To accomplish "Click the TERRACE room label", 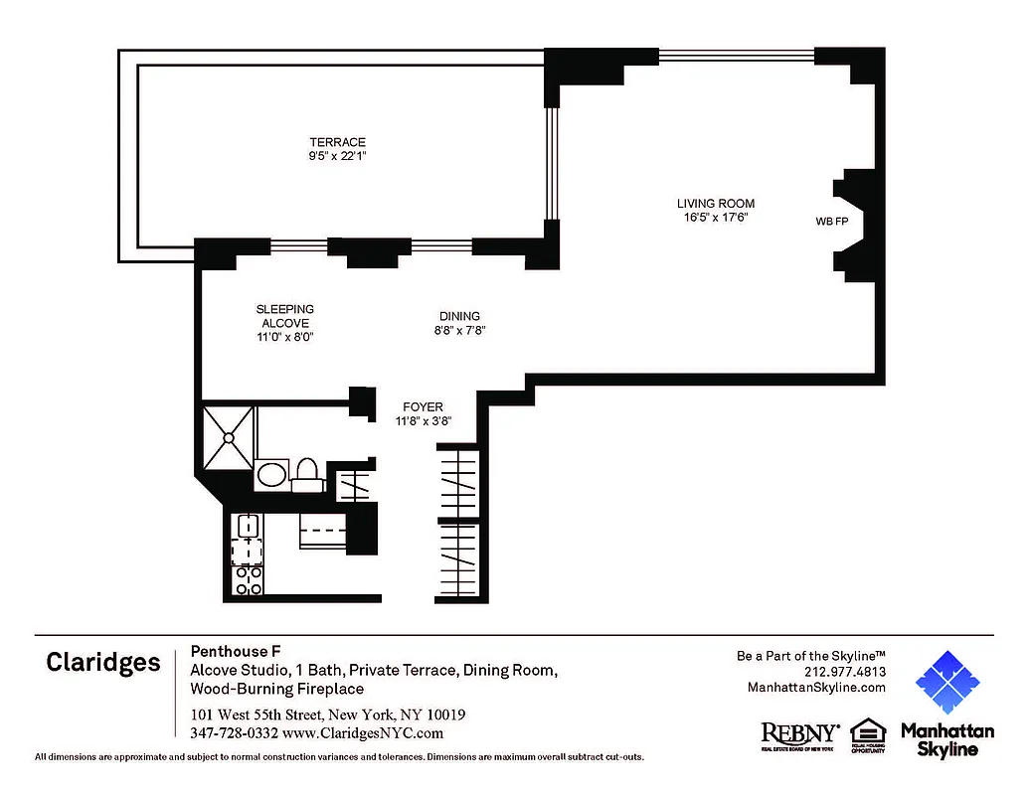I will (x=337, y=142).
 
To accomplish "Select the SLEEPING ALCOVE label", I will (x=285, y=316).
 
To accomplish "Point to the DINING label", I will (x=459, y=316).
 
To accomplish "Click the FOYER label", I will (x=423, y=406).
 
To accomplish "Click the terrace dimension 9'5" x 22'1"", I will (x=337, y=156).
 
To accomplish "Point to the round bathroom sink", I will (x=270, y=474).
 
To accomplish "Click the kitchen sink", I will (x=246, y=527).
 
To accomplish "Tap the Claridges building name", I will (x=102, y=663).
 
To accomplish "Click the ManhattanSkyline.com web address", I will (x=815, y=687).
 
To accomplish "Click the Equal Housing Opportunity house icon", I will (x=867, y=733).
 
